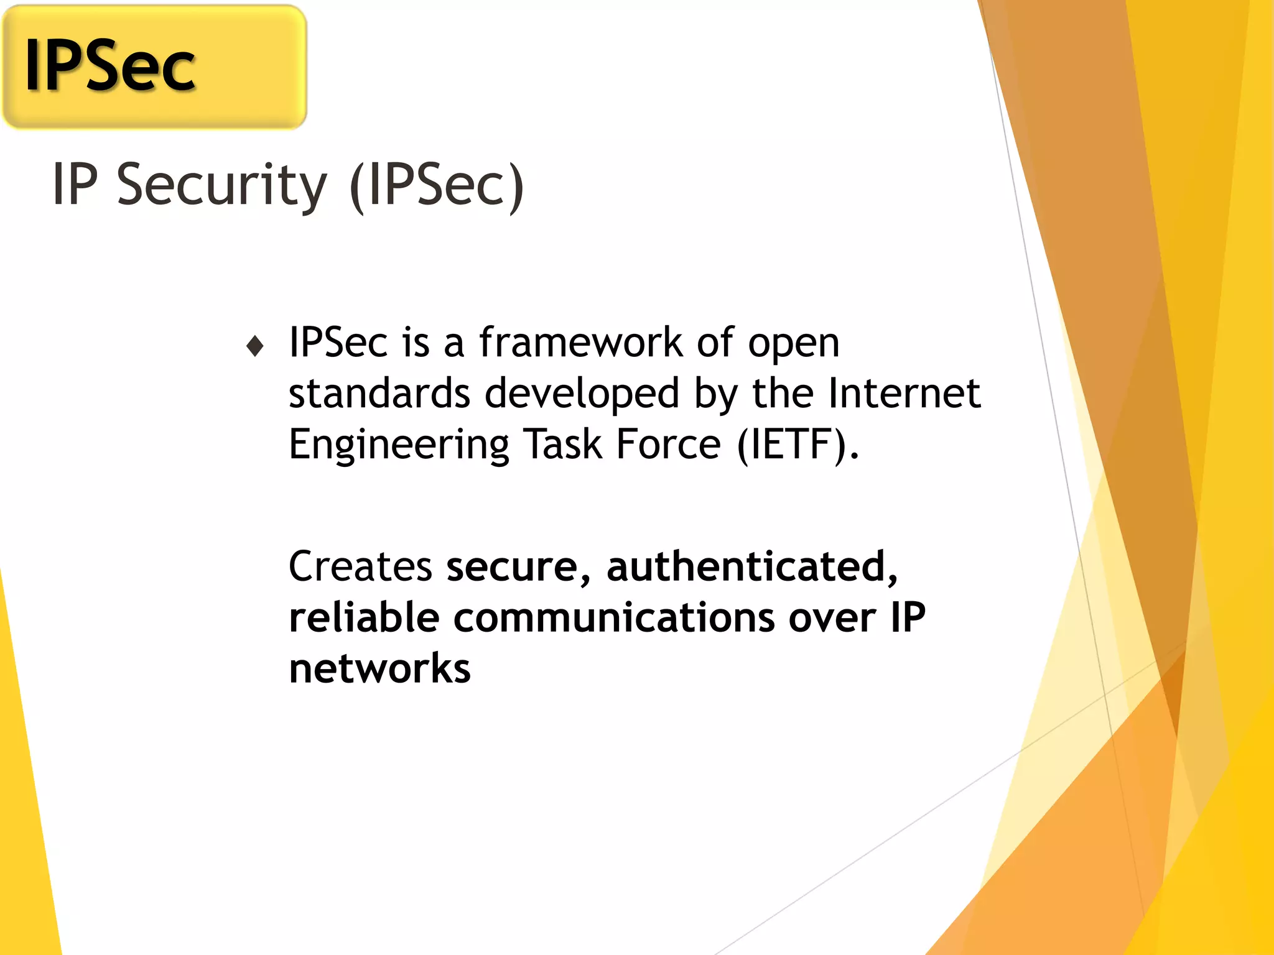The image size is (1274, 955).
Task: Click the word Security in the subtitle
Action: (x=221, y=185)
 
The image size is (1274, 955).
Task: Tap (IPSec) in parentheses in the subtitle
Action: (x=437, y=185)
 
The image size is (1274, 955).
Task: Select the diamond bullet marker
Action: (x=255, y=346)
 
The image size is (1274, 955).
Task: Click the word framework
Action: (x=580, y=343)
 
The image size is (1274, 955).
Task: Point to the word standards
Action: (x=379, y=394)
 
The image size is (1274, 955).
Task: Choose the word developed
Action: (x=582, y=395)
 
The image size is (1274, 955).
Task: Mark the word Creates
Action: (x=360, y=566)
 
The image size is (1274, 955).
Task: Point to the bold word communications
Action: (x=614, y=619)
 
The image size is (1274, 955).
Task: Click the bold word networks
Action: (x=380, y=668)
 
